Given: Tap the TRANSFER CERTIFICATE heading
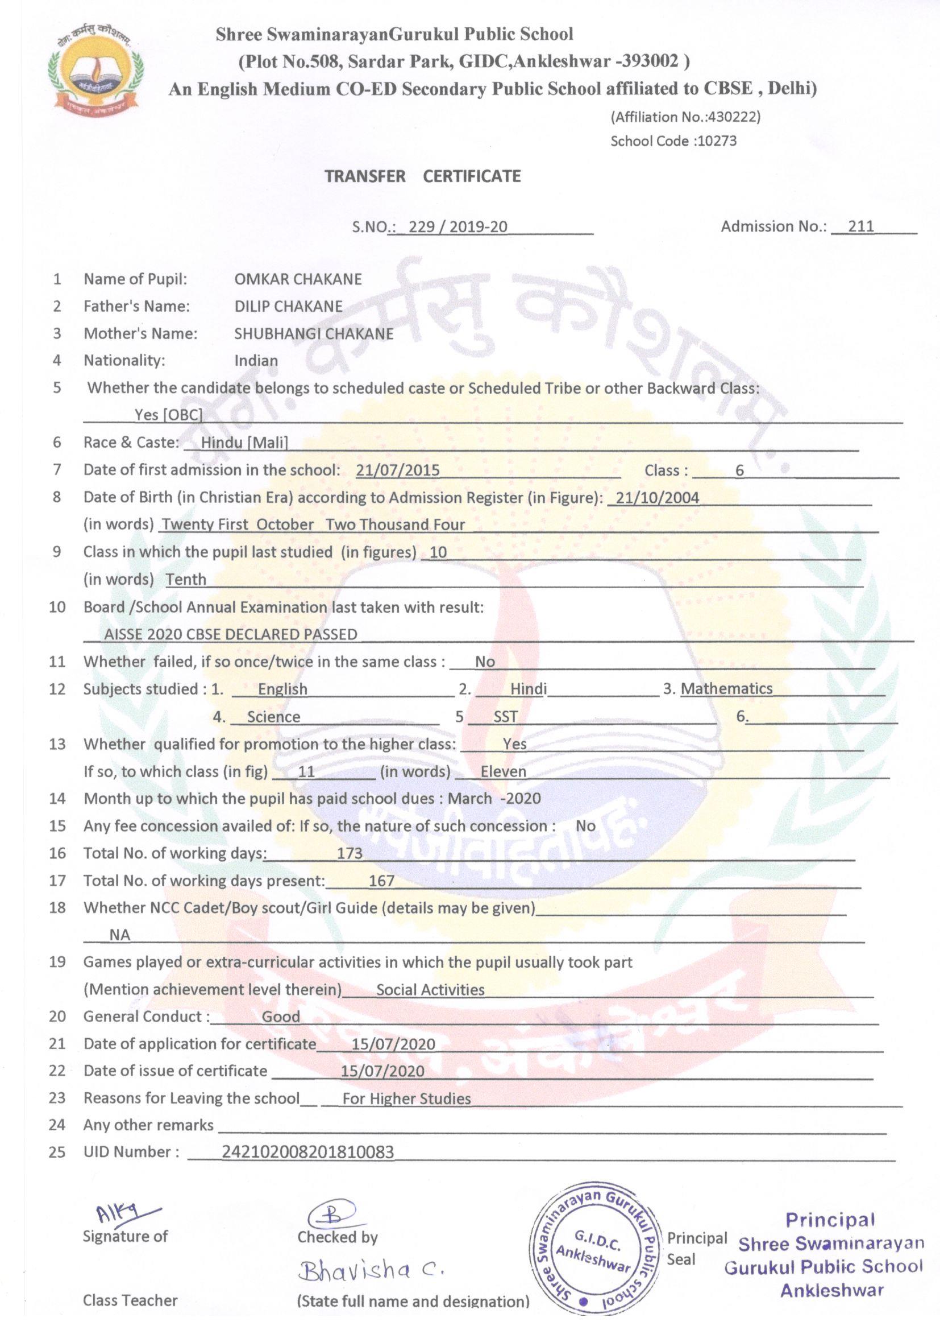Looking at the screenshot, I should coord(422,176).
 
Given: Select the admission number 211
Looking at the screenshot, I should coord(860,226).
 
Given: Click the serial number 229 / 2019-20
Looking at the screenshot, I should coord(457,226).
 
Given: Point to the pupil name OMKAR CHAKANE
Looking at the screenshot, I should coord(297,279).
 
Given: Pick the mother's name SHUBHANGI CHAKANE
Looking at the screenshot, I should coord(314,334).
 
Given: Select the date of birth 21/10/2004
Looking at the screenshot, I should coord(657,498).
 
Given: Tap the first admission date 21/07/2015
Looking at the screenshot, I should coord(398,470).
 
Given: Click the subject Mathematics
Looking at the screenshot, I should coord(726,689).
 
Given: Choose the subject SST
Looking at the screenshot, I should coord(505,717).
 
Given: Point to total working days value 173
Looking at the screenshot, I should coord(350,853).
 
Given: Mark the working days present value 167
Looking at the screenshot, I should coord(381,881).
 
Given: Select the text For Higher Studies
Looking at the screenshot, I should coord(406,1098).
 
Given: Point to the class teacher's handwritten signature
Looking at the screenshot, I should coord(124,1212).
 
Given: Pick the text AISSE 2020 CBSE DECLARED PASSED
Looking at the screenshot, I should coord(230,634).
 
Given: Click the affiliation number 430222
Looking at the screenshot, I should coord(733,117).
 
